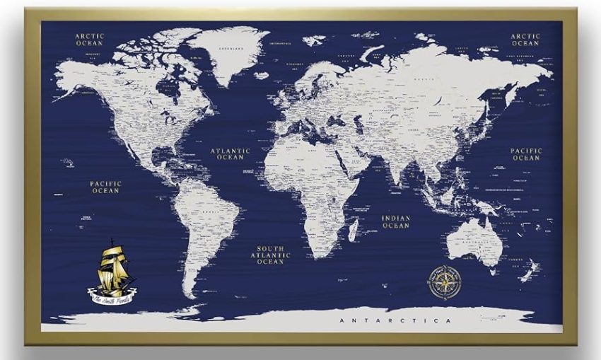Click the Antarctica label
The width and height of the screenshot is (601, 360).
395,321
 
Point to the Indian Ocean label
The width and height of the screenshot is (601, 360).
396,222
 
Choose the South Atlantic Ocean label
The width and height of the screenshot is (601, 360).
270,255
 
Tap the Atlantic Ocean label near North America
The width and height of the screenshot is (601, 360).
231,153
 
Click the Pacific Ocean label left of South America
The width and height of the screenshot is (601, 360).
105,187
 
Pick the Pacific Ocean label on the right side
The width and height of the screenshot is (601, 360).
526,154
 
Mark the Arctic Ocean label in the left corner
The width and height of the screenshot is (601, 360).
90,39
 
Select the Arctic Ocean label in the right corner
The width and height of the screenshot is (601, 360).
525,39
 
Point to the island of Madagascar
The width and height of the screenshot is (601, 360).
354,230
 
